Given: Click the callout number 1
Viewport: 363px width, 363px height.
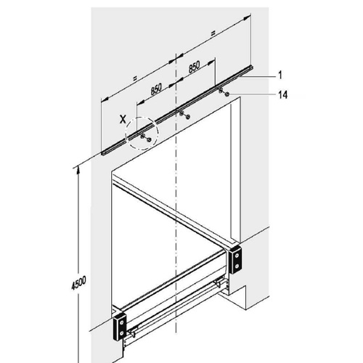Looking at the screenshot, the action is (280, 76).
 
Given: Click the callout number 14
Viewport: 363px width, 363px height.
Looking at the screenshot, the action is (282, 94).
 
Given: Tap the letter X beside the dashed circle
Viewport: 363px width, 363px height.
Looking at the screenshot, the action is (123, 119).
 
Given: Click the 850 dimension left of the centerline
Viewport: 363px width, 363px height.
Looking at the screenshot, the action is (156, 90).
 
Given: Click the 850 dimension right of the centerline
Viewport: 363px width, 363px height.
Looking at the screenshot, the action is (194, 67).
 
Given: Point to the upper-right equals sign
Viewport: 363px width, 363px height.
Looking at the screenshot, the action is (213, 33).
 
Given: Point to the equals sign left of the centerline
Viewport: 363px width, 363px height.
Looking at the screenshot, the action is (135, 78).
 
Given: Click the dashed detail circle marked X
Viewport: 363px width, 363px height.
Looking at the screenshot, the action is (142, 117).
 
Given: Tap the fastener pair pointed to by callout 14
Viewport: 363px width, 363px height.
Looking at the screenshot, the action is (224, 93).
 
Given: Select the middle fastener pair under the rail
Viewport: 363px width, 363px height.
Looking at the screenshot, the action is (184, 115).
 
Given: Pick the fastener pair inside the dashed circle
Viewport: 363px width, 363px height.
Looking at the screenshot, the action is (146, 138).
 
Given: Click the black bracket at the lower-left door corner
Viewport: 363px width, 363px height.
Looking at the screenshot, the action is (120, 327).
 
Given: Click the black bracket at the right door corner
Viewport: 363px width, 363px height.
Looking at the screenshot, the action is (235, 259).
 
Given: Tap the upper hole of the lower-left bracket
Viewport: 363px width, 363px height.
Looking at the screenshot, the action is (122, 322).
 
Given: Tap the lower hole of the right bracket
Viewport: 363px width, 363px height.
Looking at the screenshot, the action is (237, 266).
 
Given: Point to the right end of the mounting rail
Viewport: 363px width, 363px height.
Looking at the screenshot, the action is (252, 67).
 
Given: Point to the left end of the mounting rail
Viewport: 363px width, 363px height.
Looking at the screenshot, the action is (102, 153).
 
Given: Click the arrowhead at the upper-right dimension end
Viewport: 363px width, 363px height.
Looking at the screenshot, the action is (247, 17).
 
